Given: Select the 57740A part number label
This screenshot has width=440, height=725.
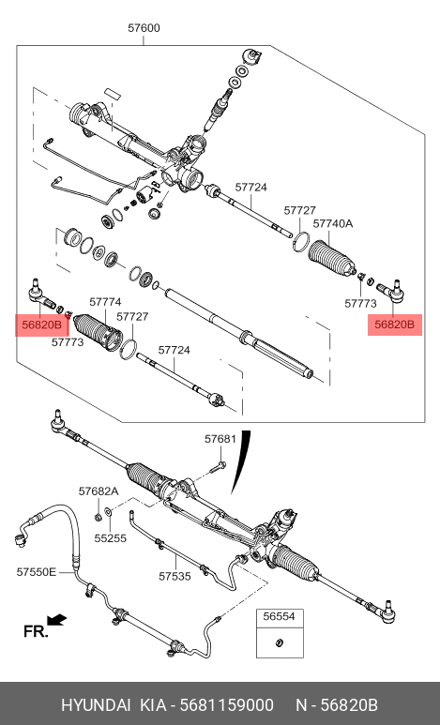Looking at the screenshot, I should click(x=333, y=224).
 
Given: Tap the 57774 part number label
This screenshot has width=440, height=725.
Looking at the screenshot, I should click(x=104, y=302).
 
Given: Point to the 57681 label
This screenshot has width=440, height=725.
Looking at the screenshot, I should click(x=220, y=439).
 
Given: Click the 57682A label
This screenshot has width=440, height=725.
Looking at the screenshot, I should click(x=99, y=491).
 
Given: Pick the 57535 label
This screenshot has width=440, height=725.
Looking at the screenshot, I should click(x=174, y=577).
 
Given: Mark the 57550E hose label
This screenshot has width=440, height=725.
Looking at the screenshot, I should click(x=37, y=571).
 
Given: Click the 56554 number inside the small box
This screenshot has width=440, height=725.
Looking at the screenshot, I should click(x=279, y=618).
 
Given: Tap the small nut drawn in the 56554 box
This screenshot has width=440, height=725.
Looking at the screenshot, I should click(x=279, y=642).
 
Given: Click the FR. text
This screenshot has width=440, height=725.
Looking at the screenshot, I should click(x=35, y=631).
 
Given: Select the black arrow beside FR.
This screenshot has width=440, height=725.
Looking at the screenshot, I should click(x=58, y=619).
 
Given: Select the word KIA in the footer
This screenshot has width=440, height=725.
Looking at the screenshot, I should click(x=153, y=704).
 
